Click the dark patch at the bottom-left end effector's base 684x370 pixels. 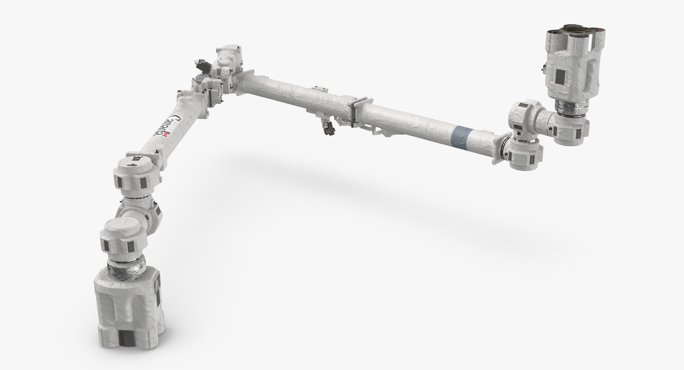(x=124, y=338)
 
